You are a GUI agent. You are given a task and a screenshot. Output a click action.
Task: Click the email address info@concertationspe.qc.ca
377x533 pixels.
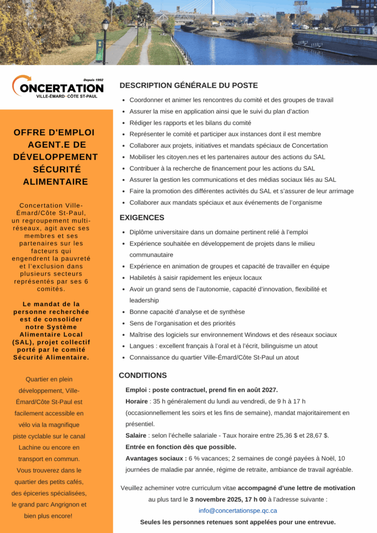click(x=237, y=511)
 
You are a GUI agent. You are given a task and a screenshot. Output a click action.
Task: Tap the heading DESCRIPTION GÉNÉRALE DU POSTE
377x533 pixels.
click(x=188, y=85)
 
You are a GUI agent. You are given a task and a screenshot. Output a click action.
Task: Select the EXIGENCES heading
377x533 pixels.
click(x=142, y=218)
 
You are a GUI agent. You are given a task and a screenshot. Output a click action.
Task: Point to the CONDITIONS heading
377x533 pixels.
click(x=143, y=375)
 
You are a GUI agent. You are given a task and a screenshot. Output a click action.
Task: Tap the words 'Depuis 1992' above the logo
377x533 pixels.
click(x=93, y=80)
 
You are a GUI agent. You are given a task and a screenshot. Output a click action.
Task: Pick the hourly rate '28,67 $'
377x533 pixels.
click(x=317, y=435)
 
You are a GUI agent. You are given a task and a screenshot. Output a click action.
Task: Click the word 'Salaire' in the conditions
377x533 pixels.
click(x=136, y=435)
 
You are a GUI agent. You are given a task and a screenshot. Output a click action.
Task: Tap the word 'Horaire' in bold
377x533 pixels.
click(x=136, y=401)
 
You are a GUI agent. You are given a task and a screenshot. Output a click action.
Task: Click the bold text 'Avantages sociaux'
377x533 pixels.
click(x=155, y=458)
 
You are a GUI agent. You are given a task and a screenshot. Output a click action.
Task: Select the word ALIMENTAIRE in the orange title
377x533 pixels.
click(x=55, y=182)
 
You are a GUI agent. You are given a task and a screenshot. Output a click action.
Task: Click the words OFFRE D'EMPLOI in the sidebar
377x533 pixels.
click(x=54, y=132)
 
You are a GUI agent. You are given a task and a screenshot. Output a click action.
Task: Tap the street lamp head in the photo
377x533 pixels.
click(x=105, y=24)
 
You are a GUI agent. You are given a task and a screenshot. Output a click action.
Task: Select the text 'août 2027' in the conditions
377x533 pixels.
click(x=262, y=390)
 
